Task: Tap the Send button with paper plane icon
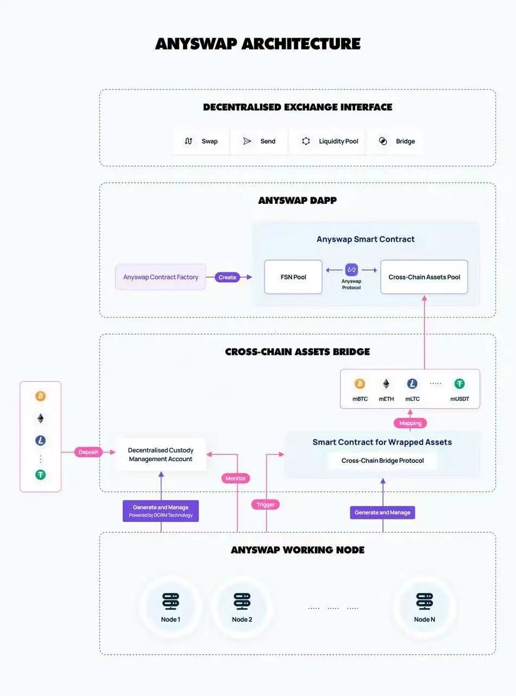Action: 259,141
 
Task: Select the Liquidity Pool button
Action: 330,141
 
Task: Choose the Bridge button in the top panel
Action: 397,141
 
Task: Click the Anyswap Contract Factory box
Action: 161,277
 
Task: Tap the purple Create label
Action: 227,277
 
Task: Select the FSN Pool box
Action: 293,277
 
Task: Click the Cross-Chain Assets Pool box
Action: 424,277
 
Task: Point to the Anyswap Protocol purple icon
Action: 351,270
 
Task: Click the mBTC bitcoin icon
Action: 360,384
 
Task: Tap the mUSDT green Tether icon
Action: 460,384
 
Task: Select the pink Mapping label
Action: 410,423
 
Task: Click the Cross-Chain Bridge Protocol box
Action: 382,461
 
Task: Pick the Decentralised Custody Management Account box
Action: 160,455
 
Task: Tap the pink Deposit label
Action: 89,452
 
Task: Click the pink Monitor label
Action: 235,478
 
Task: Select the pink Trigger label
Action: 266,505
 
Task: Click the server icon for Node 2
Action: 242,601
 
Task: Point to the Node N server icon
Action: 424,601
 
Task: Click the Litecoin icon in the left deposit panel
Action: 40,441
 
